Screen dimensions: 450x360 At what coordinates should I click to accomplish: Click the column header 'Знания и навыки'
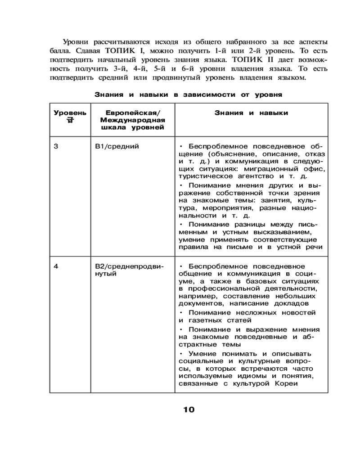pos(251,113)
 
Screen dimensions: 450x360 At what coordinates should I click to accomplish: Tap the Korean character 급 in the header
pos(69,120)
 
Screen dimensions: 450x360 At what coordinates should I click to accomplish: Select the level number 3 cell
pos(56,146)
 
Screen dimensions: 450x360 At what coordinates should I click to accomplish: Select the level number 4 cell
pos(56,266)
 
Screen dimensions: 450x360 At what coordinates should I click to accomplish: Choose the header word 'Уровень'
pos(70,113)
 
